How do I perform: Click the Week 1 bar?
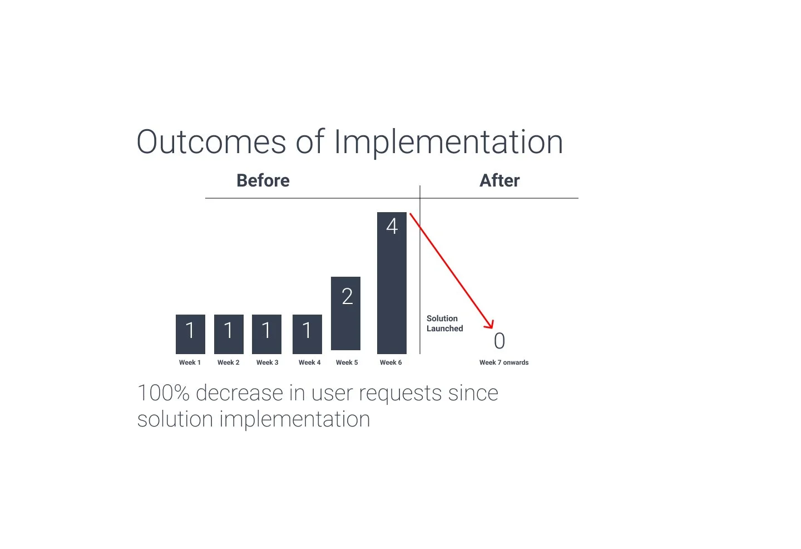pos(190,334)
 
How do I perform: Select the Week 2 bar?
pos(229,334)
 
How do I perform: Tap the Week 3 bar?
pos(266,334)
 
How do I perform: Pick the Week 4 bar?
pos(307,334)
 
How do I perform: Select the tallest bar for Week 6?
pos(392,290)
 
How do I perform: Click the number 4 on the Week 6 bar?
pos(392,226)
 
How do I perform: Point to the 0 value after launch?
pos(500,341)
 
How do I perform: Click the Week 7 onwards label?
pos(504,362)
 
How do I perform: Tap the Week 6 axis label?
pos(390,362)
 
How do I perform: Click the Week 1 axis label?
pos(190,362)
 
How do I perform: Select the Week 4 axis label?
pos(309,362)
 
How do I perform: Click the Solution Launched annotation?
pos(444,323)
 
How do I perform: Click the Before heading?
pos(263,180)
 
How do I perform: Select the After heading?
pos(500,180)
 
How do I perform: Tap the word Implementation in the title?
pos(448,142)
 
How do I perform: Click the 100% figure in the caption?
pos(164,393)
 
